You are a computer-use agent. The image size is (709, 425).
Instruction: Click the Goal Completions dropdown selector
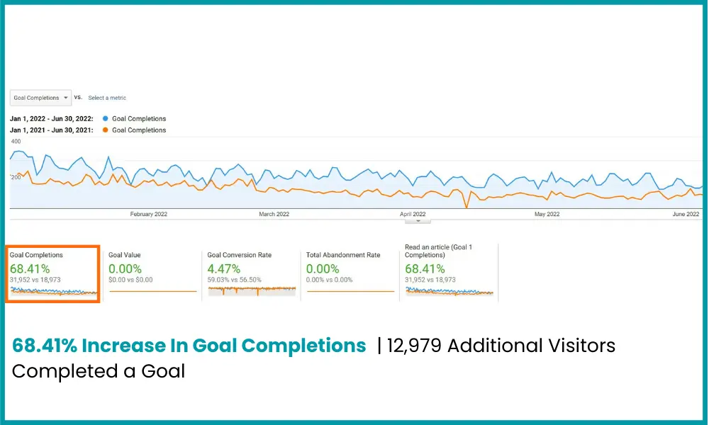click(x=40, y=98)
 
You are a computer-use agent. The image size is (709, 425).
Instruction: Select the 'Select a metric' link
click(x=107, y=98)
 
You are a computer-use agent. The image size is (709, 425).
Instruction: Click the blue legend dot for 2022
click(x=106, y=119)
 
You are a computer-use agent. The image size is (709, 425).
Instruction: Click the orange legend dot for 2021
click(x=106, y=130)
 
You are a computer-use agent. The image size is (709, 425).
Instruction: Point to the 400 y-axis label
click(x=16, y=142)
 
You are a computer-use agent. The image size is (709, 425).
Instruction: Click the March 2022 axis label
click(x=274, y=214)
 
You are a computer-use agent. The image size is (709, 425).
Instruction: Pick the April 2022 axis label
click(x=413, y=214)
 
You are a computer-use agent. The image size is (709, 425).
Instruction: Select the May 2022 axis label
click(x=547, y=214)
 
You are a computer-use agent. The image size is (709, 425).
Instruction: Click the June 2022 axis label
click(x=686, y=214)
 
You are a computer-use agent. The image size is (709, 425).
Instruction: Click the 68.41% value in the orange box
click(x=29, y=268)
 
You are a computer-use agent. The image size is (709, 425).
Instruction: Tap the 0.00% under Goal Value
click(x=125, y=268)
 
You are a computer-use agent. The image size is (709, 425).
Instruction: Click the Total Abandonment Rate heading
click(x=342, y=255)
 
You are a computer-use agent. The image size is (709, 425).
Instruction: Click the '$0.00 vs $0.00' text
click(x=130, y=280)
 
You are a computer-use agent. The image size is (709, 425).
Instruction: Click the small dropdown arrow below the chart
click(x=418, y=221)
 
